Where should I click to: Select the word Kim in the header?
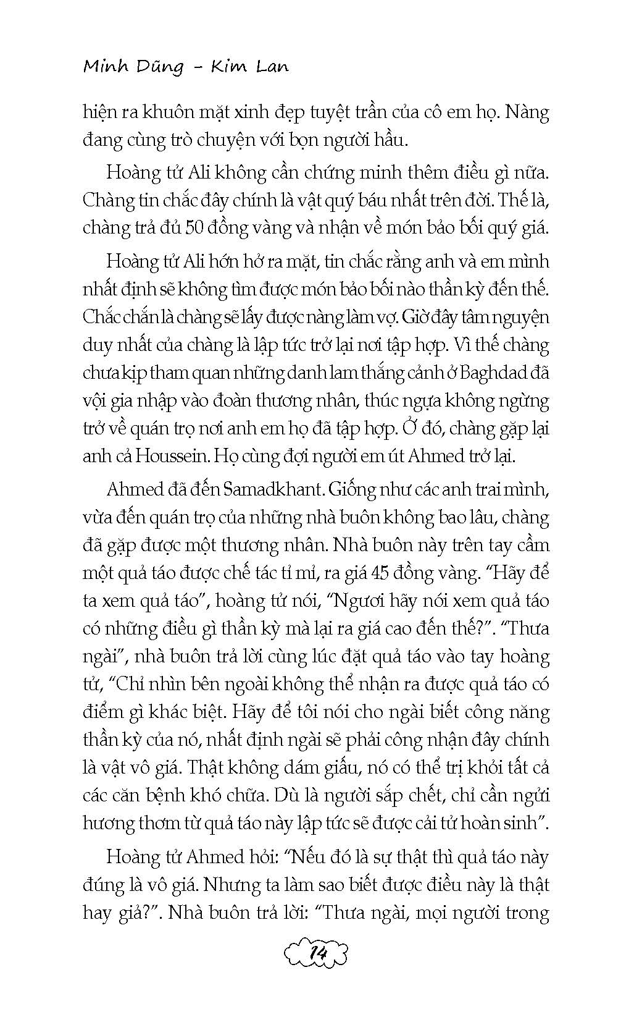229,67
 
